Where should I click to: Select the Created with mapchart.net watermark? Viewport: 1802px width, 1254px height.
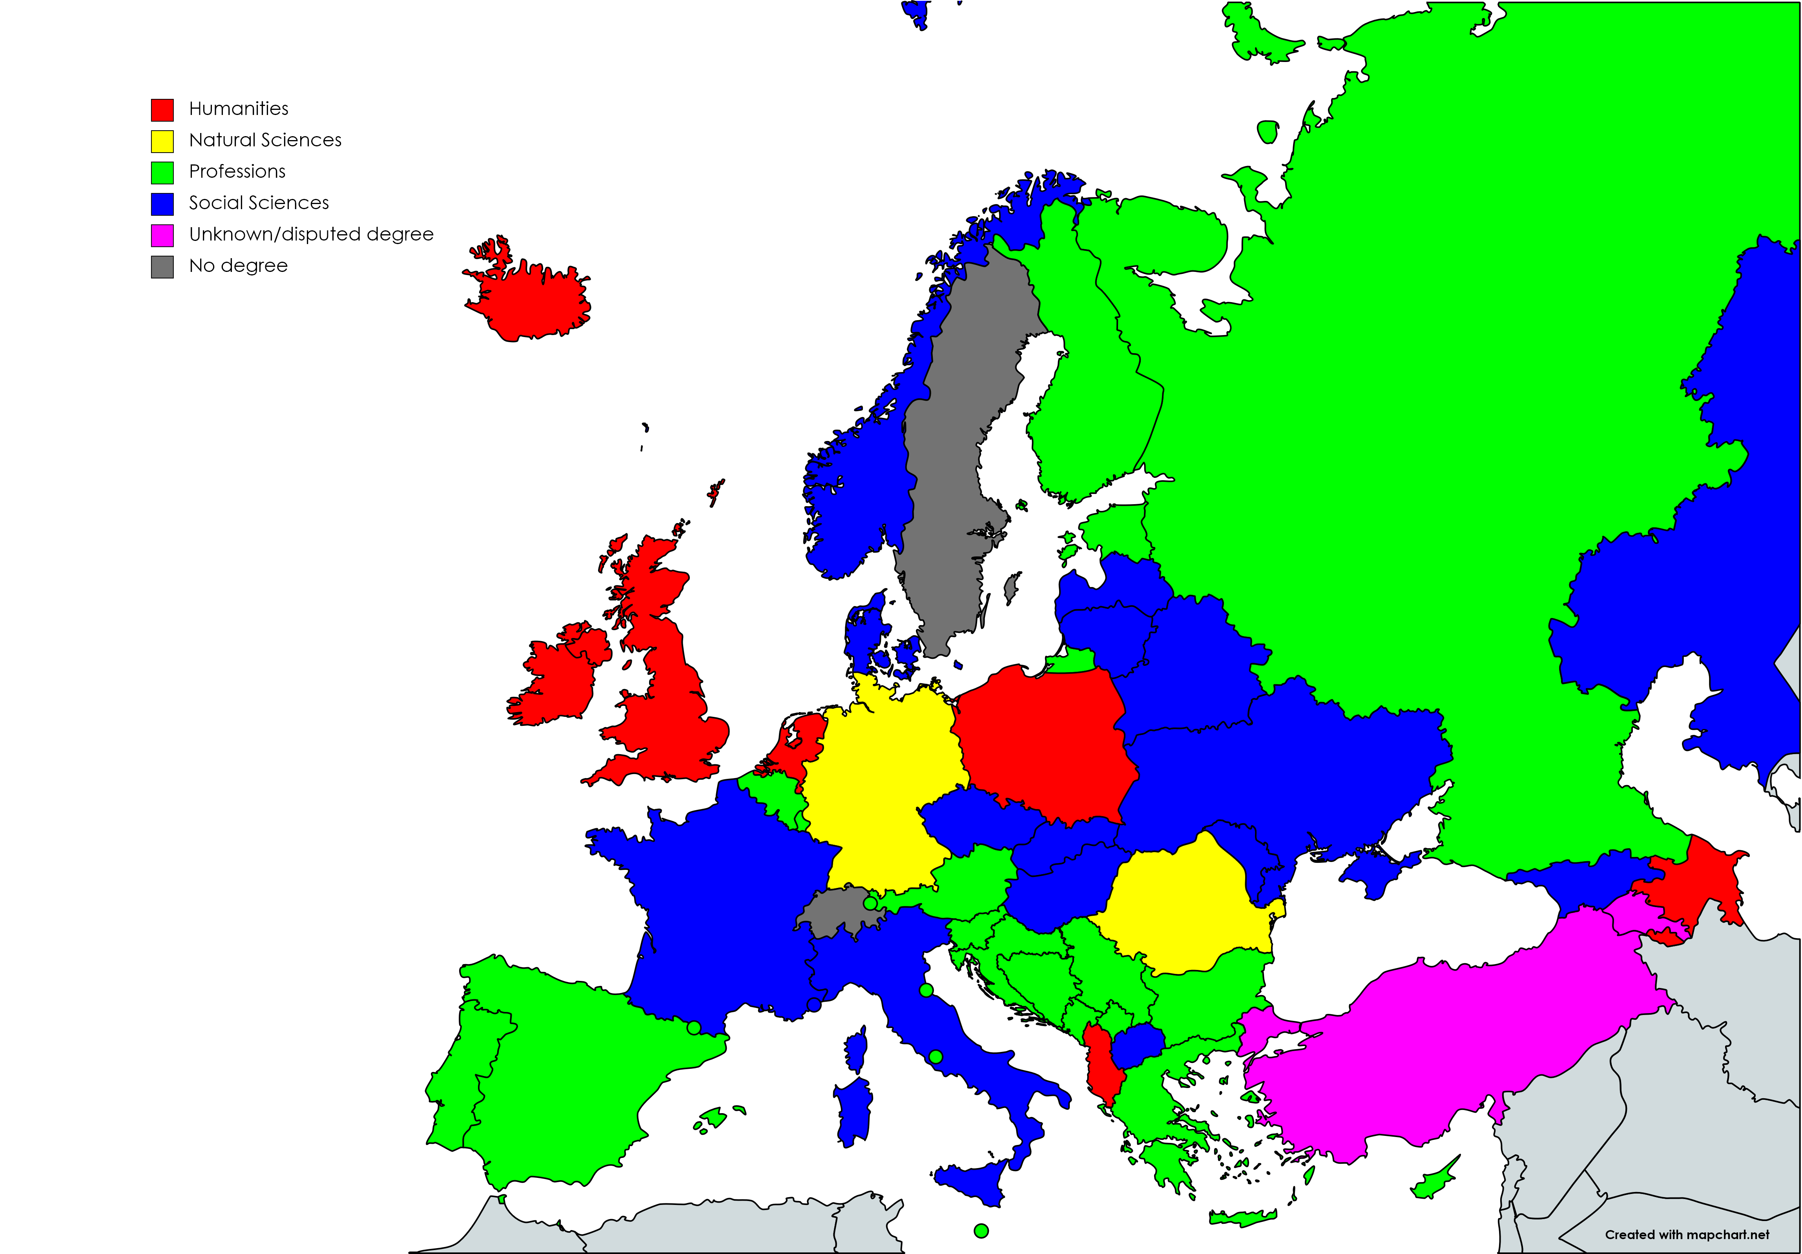[x=1687, y=1234]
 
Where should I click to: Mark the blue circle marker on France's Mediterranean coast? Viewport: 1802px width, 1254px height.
[x=814, y=1004]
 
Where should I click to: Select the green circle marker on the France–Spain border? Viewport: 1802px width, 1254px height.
[x=694, y=1027]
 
